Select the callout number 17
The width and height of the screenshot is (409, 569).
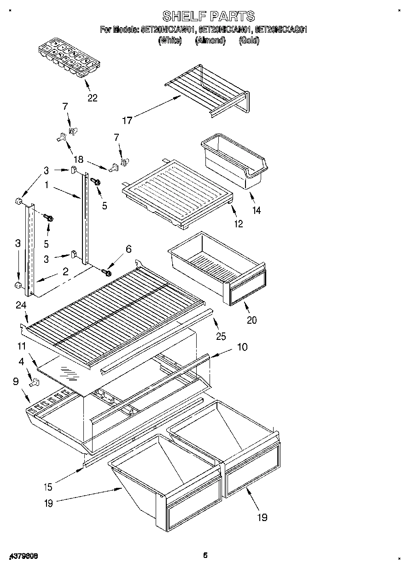coord(127,120)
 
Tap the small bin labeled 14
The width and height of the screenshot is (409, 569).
coord(234,162)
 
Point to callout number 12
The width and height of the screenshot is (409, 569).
coord(238,225)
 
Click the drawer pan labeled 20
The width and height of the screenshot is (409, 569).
coord(216,267)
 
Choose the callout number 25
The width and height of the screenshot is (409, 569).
coord(221,337)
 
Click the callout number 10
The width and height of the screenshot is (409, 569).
coord(242,347)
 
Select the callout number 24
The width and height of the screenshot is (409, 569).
coord(21,305)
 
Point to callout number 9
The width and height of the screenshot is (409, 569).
coord(16,381)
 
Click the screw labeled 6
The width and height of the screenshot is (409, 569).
coord(108,273)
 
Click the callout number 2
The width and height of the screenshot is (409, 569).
coord(65,272)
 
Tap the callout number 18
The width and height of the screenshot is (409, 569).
coord(78,160)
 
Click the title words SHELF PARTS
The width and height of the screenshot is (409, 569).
coord(209,17)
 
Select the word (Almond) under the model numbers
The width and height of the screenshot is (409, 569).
coord(210,41)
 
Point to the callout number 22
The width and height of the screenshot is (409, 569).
coord(92,98)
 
